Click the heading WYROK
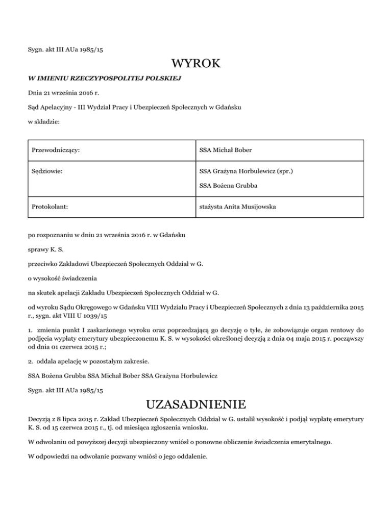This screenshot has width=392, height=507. (x=196, y=64)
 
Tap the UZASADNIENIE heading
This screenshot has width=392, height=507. (x=196, y=405)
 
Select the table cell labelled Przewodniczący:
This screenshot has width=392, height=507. (x=58, y=151)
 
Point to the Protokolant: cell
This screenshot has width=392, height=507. (x=51, y=208)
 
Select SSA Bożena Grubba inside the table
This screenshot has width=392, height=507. (x=228, y=185)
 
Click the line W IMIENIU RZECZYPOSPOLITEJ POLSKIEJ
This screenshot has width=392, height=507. (x=104, y=79)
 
